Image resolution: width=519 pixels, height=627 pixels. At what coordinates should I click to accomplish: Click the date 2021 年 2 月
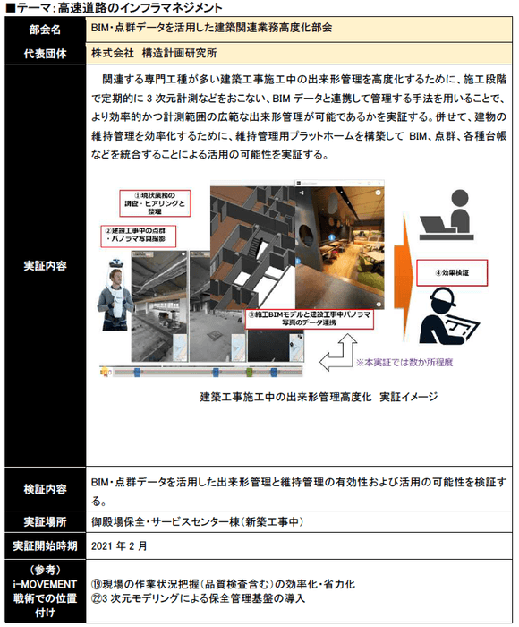[x=120, y=545]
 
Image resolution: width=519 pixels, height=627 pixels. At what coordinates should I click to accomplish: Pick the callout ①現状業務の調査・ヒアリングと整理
[x=157, y=205]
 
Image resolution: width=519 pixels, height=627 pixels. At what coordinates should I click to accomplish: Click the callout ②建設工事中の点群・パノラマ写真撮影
[x=137, y=236]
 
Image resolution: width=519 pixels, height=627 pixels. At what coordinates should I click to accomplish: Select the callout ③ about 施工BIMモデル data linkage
[x=308, y=320]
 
